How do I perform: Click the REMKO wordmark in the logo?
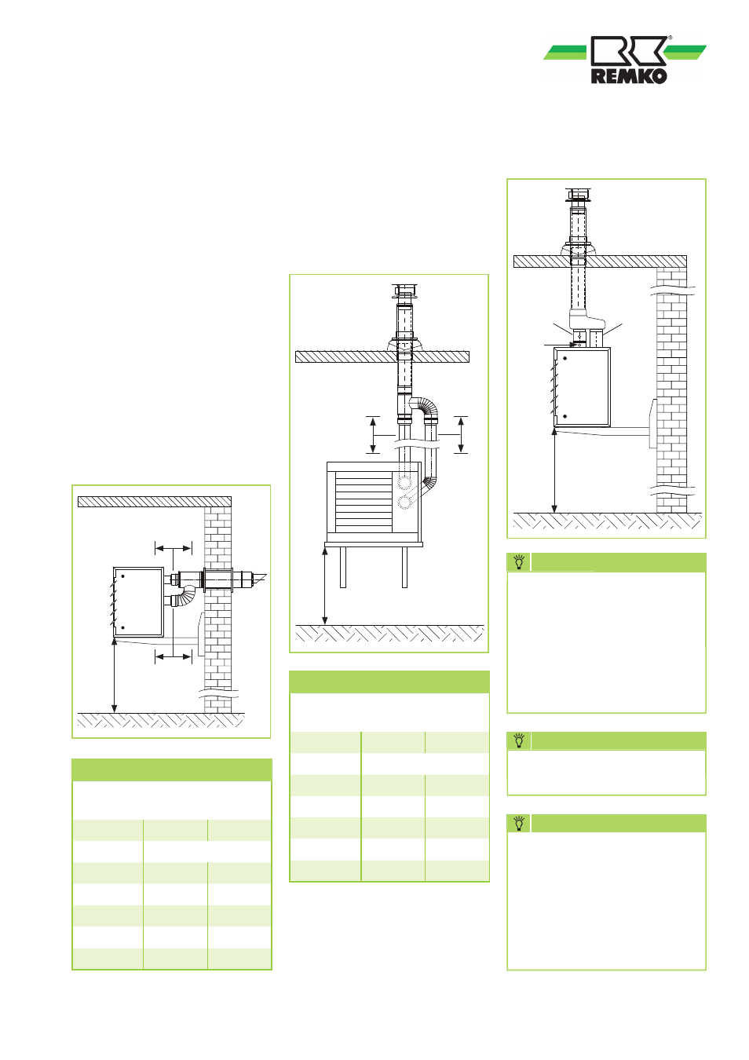coord(629,76)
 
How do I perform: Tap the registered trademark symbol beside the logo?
coord(670,38)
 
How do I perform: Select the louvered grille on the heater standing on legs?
coord(364,501)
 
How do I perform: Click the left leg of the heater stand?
coord(343,567)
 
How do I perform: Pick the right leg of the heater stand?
coord(404,567)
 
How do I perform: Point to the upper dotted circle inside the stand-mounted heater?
coord(404,483)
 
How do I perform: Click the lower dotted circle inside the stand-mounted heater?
coord(404,503)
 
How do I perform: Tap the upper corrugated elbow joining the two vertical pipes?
coord(425,406)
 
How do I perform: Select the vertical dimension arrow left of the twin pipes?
coord(373,435)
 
